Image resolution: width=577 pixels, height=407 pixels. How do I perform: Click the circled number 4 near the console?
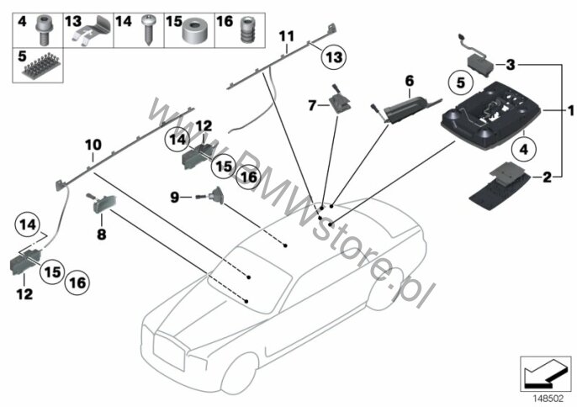[x=522, y=150]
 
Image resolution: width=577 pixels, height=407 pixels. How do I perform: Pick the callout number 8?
[x=100, y=236]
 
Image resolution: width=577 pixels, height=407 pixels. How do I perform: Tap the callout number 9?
[x=175, y=197]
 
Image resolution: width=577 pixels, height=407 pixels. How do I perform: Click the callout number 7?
[x=312, y=105]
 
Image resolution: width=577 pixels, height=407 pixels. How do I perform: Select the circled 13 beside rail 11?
[x=335, y=56]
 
